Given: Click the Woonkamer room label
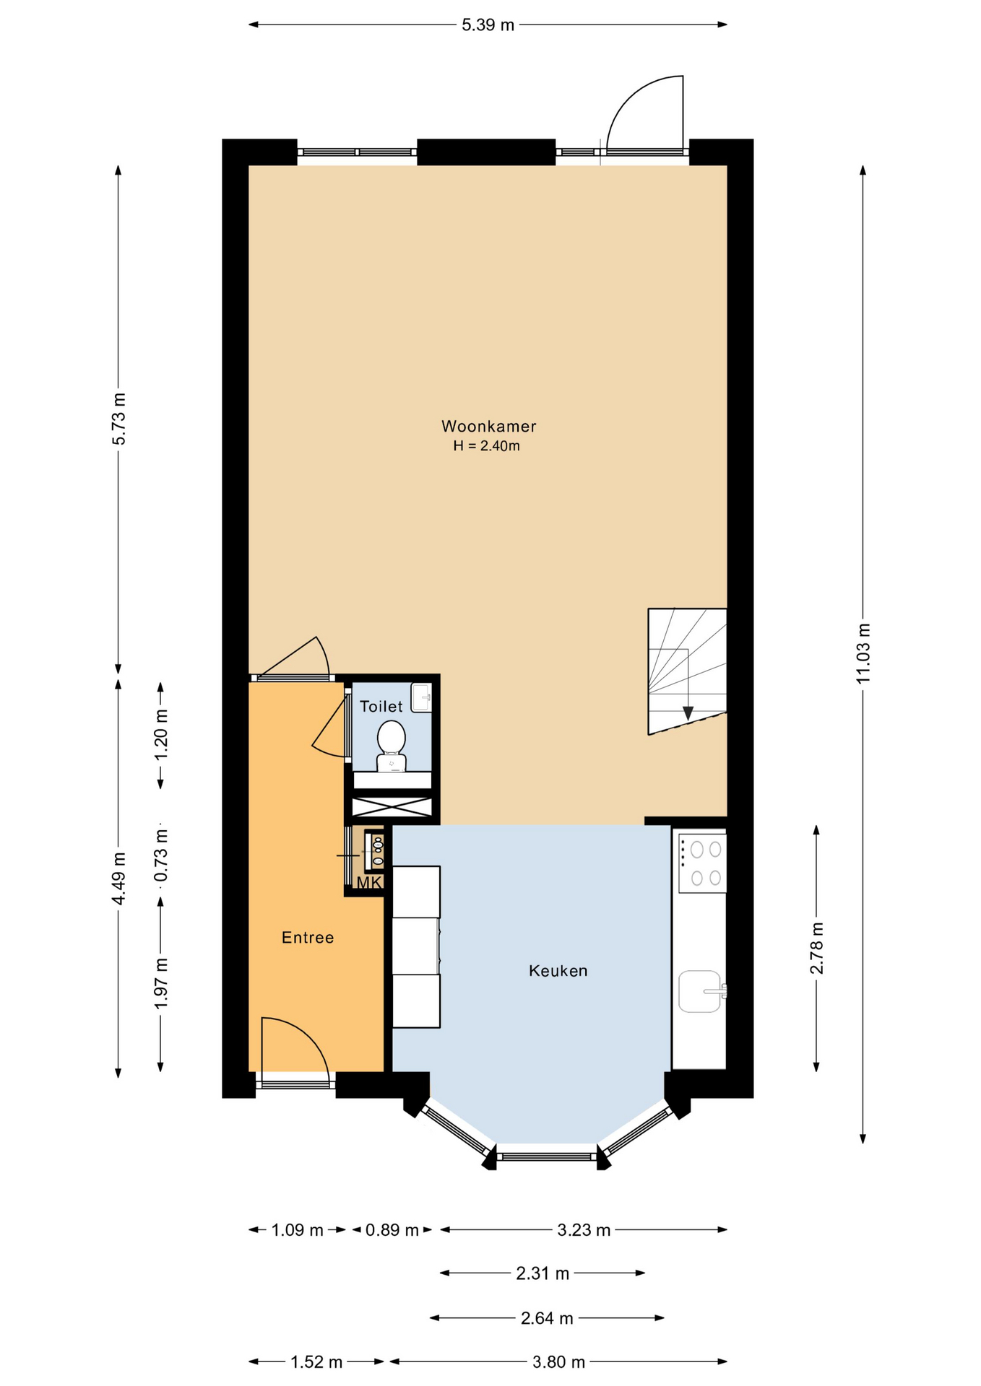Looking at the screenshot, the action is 489,427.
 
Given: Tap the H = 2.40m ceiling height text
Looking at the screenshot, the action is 486,446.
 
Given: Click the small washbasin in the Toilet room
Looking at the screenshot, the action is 421,697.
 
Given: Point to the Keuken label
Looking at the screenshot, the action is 558,971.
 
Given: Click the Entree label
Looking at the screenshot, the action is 308,938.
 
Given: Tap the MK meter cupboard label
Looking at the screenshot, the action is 369,882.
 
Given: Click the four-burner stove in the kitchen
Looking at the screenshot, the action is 701,863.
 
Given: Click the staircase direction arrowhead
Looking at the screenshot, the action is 688,712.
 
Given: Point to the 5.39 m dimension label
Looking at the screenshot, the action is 488,25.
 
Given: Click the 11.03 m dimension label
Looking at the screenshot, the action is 863,653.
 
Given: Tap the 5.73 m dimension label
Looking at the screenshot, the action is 118,419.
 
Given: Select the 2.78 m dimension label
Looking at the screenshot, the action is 816,948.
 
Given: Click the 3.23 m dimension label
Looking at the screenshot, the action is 584,1230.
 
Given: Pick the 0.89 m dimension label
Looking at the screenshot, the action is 392,1230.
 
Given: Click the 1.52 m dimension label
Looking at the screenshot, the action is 316,1362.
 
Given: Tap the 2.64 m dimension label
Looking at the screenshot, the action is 547,1319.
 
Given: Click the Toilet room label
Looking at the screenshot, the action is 381,707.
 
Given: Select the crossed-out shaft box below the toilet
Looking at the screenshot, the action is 392,807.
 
